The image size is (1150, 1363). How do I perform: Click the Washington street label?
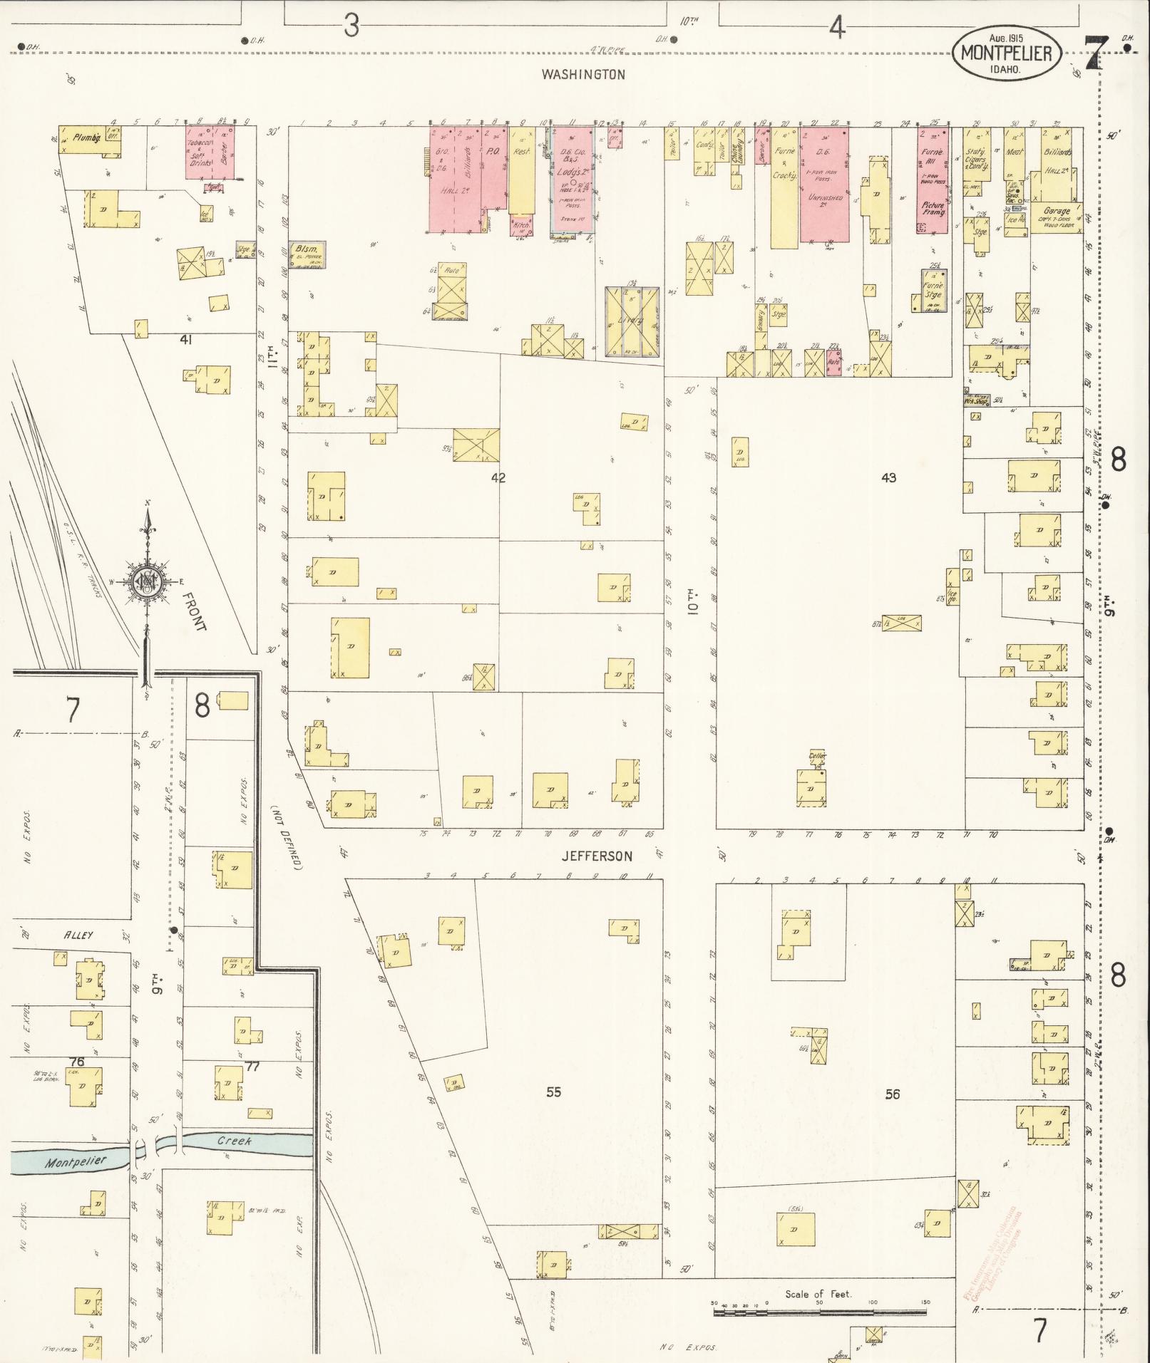(582, 74)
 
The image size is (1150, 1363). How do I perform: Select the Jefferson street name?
(597, 856)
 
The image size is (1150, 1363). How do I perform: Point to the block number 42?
(498, 478)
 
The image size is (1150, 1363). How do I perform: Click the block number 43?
(888, 478)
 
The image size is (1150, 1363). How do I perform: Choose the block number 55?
(553, 1092)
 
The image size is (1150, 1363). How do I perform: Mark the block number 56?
(892, 1094)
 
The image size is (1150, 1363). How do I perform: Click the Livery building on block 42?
(631, 321)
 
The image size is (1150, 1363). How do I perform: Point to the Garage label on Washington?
(1056, 211)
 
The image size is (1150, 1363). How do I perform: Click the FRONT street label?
(194, 611)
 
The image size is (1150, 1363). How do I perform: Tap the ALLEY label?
(79, 935)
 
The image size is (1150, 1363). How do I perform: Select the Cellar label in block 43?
(817, 755)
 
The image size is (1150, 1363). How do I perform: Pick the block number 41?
(186, 340)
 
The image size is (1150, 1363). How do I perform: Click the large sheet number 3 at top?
(351, 27)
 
